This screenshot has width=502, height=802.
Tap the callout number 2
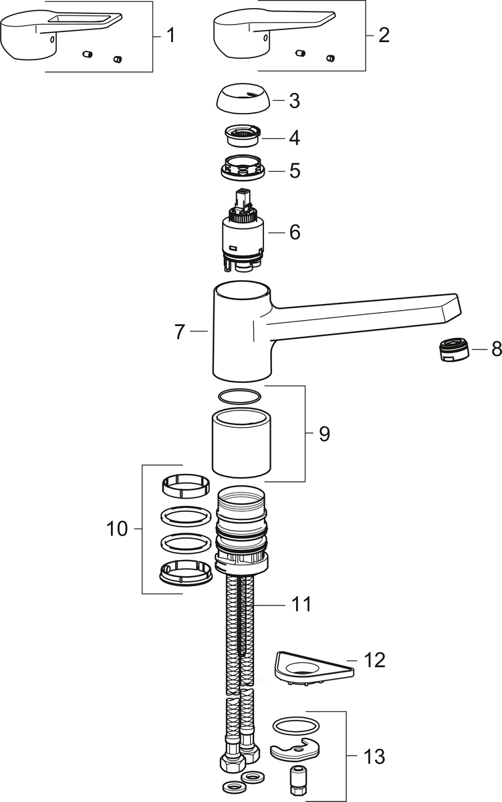point(383,35)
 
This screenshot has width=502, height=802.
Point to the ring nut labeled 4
point(242,136)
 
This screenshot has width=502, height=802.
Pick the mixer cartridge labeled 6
point(243,234)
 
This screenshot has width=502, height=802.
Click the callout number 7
point(179,332)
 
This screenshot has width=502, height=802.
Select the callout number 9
point(324,434)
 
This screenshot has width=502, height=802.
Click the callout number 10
point(117,529)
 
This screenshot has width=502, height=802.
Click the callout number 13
point(374,757)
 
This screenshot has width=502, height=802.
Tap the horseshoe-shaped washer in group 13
point(295,749)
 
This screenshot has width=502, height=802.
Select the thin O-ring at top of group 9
point(241,396)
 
